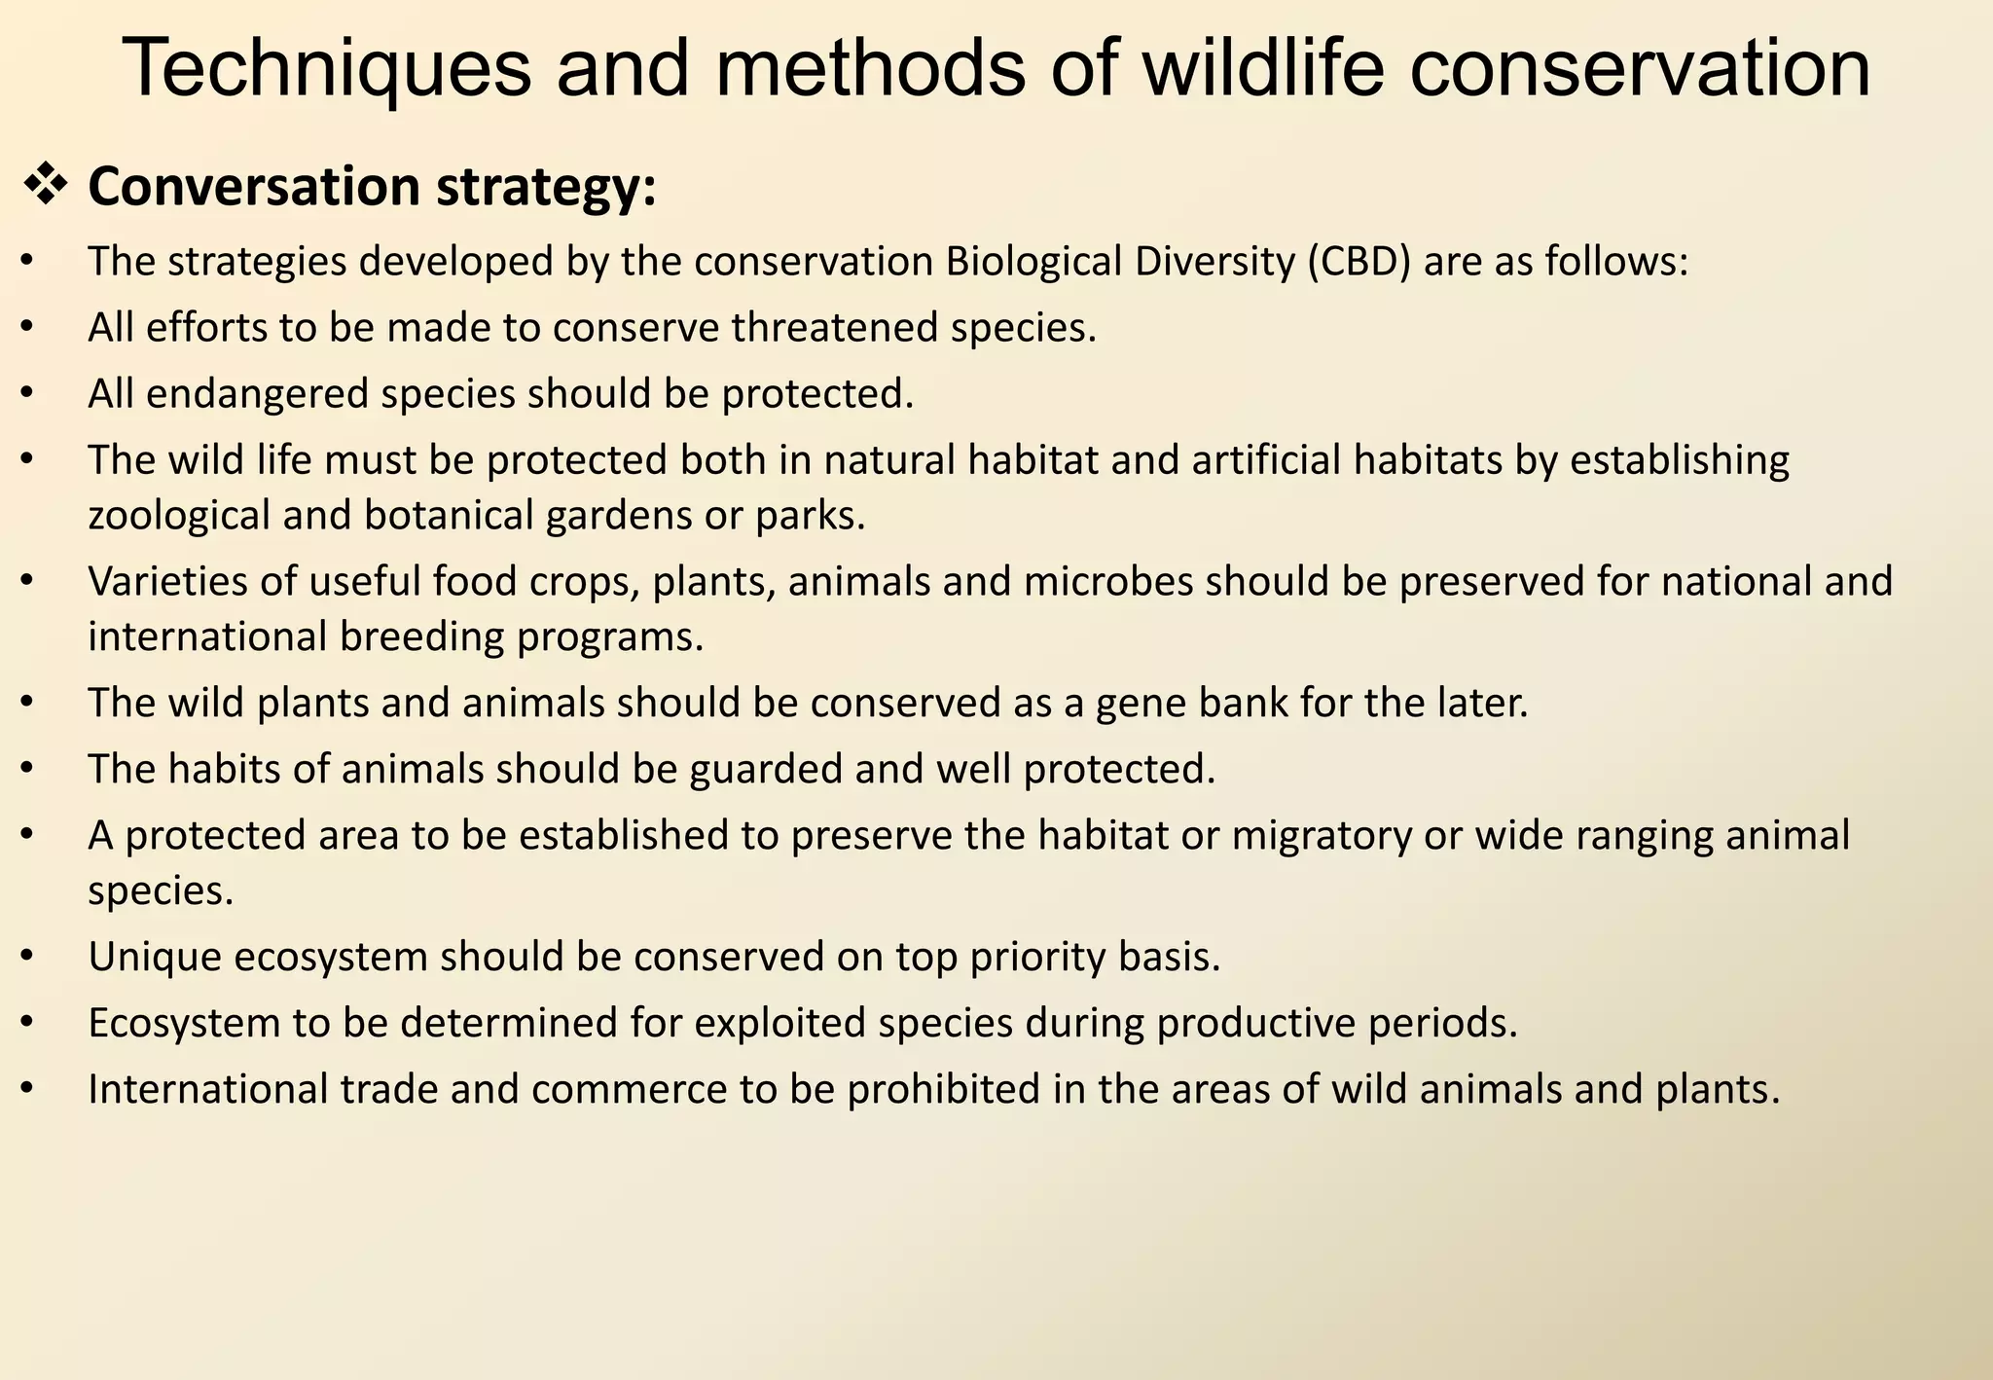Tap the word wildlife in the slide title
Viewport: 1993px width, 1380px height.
click(1262, 68)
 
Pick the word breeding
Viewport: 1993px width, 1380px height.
click(421, 637)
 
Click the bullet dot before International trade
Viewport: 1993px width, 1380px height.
click(27, 1089)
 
